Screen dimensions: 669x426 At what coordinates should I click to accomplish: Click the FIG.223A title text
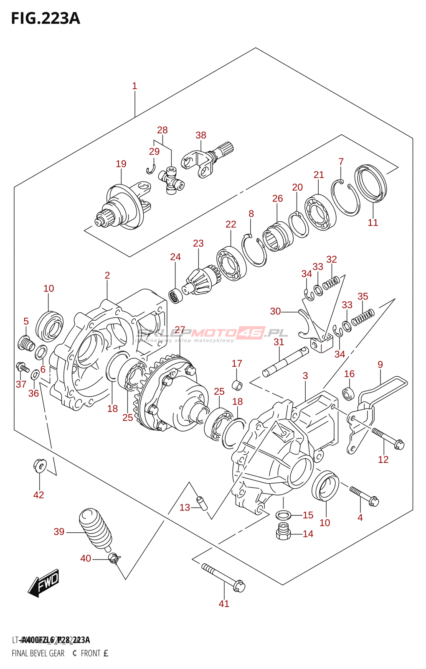[45, 18]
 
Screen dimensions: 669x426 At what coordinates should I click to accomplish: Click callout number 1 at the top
[134, 86]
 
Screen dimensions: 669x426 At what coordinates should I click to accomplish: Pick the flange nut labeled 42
[39, 465]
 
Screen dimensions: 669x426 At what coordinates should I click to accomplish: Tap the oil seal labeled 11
[370, 184]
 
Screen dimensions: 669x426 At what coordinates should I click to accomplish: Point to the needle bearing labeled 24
[175, 296]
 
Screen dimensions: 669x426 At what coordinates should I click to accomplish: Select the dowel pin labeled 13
[202, 502]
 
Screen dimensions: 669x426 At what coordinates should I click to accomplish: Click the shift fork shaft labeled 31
[285, 360]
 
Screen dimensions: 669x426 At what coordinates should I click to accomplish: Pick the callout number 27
[180, 330]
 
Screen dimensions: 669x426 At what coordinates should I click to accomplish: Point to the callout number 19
[121, 164]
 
